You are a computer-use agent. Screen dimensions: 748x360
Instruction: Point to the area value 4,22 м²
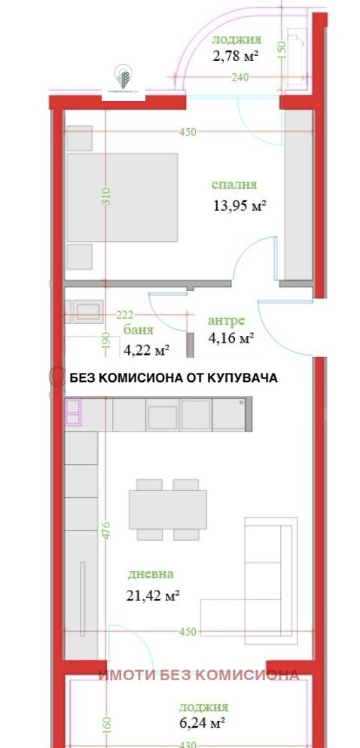point(146,350)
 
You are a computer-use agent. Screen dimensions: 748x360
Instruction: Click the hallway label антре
point(226,320)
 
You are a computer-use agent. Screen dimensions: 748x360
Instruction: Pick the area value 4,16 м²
point(230,338)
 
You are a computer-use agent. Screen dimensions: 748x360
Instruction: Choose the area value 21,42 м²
point(153,595)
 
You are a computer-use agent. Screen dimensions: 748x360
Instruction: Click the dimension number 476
point(106,530)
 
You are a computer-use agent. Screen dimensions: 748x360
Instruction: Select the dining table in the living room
point(167,509)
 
